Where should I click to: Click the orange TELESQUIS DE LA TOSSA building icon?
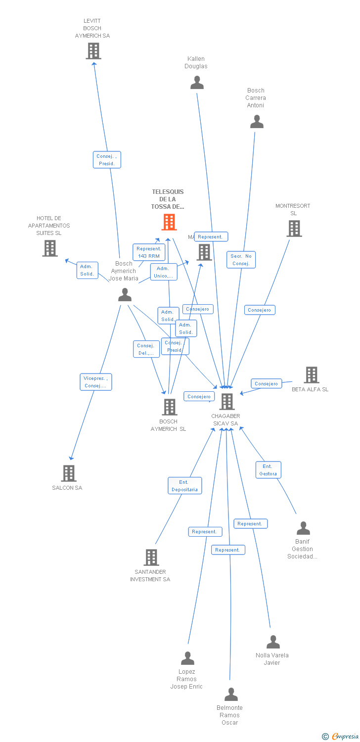169,222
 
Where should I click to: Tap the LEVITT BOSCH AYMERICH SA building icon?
93,51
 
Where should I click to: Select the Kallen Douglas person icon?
197,83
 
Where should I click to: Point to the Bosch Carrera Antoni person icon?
257,122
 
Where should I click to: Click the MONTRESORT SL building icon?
294,229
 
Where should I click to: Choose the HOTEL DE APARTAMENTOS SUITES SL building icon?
49,248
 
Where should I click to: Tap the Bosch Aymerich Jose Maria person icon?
125,295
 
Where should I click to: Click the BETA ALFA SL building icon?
311,375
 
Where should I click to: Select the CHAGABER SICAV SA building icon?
227,402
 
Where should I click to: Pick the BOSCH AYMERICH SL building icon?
169,407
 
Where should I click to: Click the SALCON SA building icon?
68,473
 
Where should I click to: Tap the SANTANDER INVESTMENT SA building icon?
151,557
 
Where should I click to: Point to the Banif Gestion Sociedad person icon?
303,528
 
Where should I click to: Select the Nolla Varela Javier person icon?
272,642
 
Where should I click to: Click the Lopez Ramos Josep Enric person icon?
187,658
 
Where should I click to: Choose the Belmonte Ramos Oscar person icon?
230,695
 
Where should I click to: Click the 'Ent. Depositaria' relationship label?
184,486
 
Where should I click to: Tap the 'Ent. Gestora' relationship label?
268,470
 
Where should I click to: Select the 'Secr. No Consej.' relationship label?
241,260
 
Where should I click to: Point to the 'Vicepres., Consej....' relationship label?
96,382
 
